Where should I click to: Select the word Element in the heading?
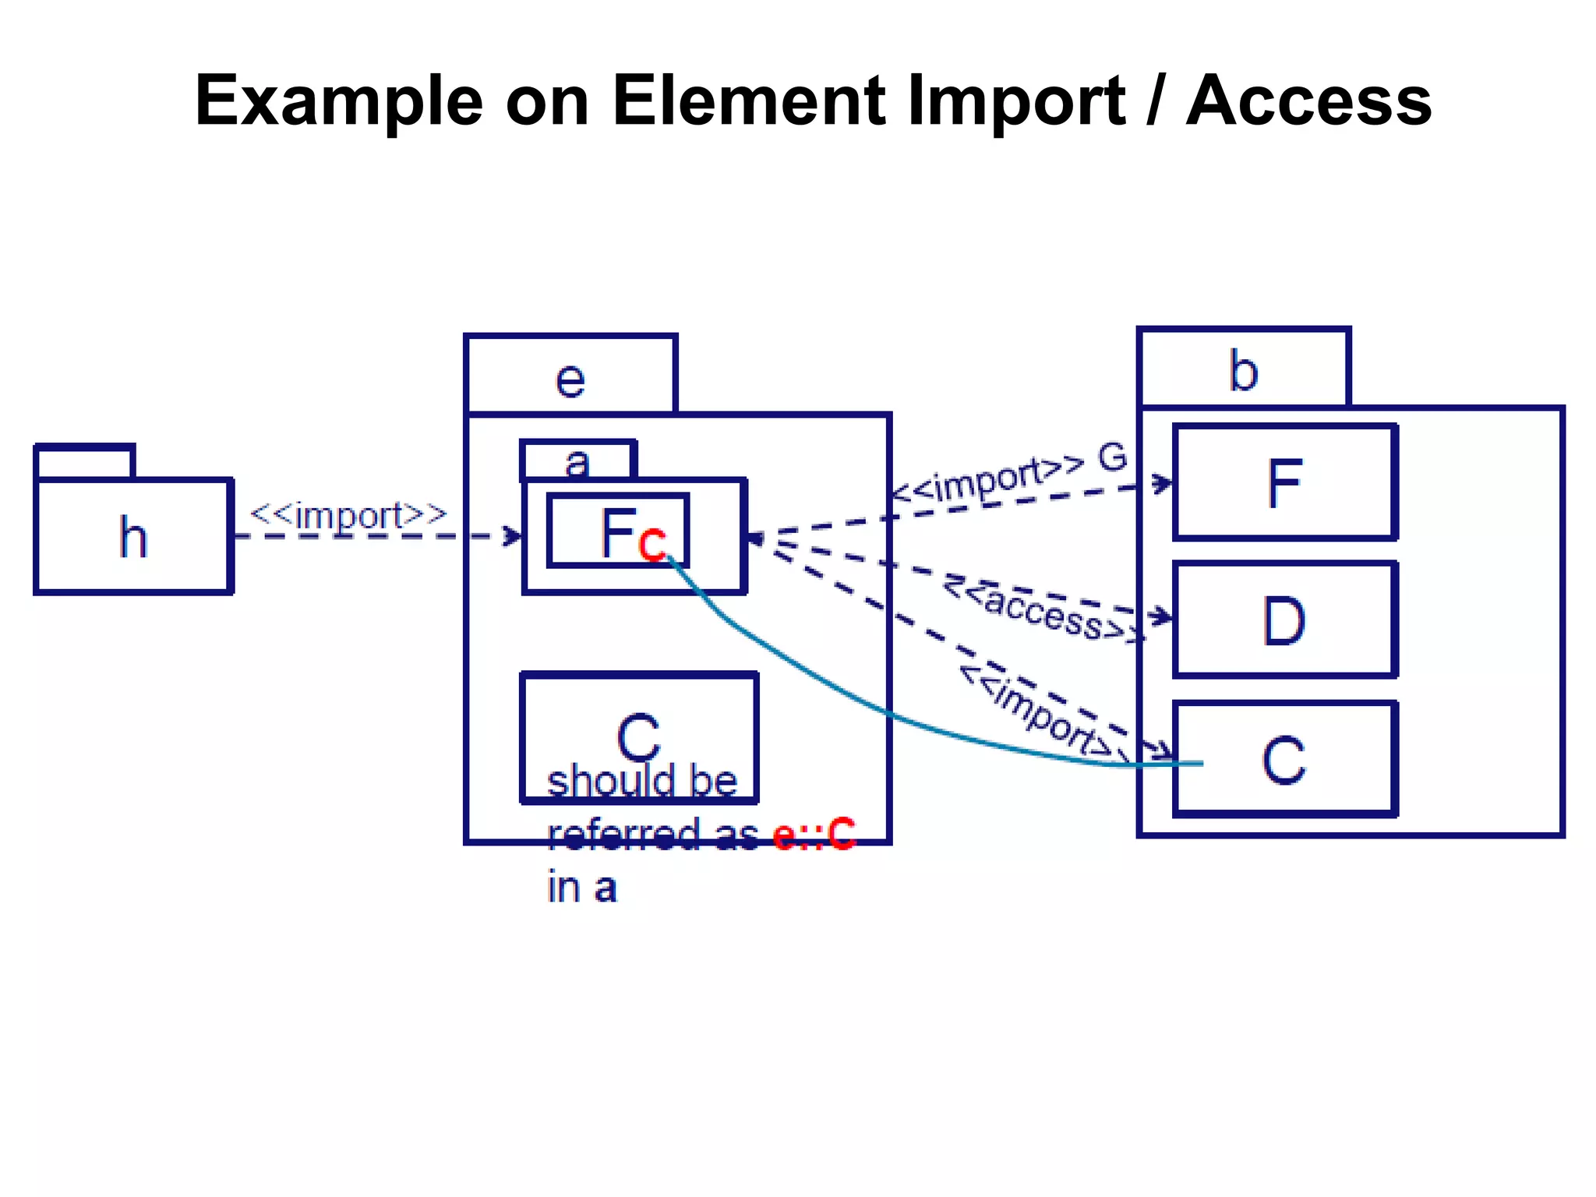pos(749,101)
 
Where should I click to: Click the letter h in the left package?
pos(133,538)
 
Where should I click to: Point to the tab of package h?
pos(85,461)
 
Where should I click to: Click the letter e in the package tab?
pos(570,380)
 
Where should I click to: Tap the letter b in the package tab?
pos(1243,371)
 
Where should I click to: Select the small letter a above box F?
pos(577,463)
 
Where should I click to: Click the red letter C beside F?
pos(652,543)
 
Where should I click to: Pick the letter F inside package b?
pos(1284,483)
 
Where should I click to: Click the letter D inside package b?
pos(1284,621)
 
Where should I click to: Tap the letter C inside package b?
pos(1284,760)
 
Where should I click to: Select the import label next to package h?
pos(348,516)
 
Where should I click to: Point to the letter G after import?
pos(1112,458)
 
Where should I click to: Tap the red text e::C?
pos(814,834)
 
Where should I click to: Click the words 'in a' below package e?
pos(582,888)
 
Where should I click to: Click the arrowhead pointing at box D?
pos(1163,617)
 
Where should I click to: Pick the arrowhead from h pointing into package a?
pos(514,536)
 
